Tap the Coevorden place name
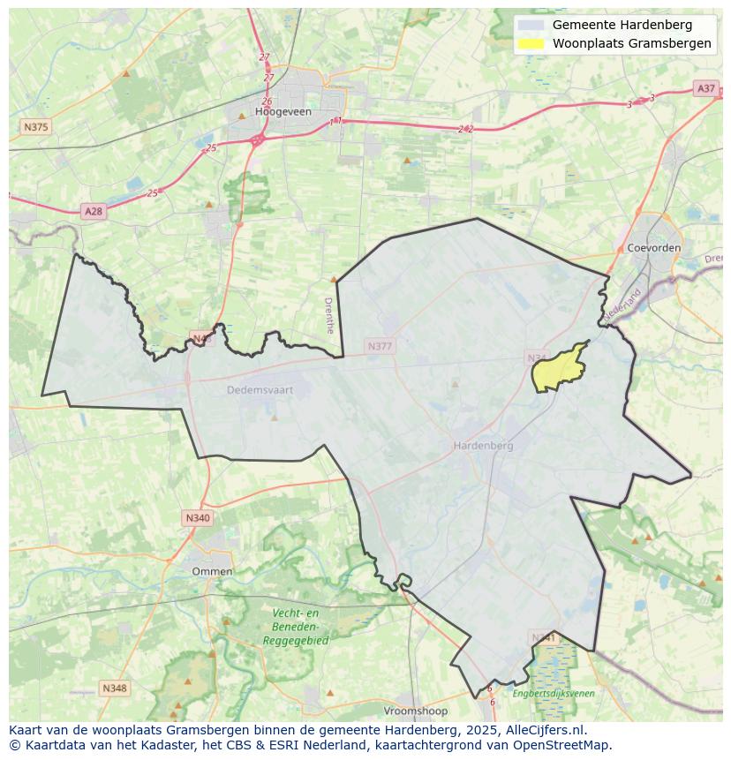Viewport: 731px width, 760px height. click(653, 248)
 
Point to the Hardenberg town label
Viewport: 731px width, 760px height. click(483, 446)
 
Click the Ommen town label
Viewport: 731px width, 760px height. click(212, 571)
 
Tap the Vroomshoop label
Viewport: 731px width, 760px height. click(415, 711)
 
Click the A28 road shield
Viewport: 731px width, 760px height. click(93, 211)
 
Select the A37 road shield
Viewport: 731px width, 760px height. click(705, 88)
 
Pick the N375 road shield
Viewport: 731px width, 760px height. click(35, 127)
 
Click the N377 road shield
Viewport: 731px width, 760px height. click(380, 347)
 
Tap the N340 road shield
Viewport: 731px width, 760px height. click(198, 518)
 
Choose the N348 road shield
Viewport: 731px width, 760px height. click(114, 688)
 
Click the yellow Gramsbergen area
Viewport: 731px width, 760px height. click(560, 369)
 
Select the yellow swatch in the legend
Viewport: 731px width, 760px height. click(531, 44)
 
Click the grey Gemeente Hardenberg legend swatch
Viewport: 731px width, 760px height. click(531, 26)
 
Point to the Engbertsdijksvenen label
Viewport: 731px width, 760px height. click(553, 694)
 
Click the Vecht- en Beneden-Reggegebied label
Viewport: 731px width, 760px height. click(295, 627)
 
